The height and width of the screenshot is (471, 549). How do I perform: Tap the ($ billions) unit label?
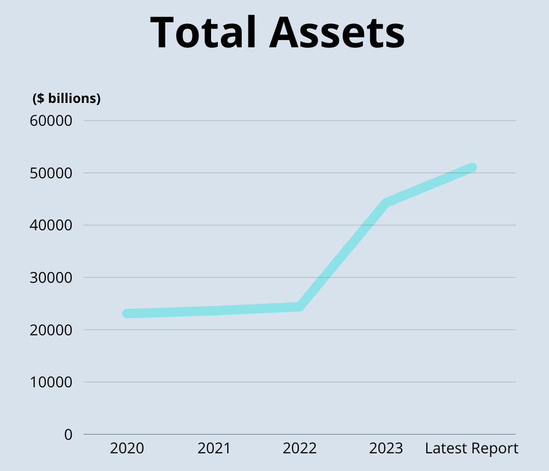[x=67, y=98]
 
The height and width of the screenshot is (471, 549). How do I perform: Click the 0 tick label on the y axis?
[x=69, y=434]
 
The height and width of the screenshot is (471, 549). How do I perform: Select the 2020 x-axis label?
[x=127, y=448]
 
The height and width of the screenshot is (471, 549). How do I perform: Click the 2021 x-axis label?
[x=214, y=448]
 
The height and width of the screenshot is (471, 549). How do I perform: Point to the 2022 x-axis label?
[x=299, y=448]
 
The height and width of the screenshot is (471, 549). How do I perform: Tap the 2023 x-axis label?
[x=386, y=448]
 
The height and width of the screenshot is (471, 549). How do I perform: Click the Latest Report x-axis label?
[x=472, y=448]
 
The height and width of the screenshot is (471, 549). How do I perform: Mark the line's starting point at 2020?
[x=127, y=313]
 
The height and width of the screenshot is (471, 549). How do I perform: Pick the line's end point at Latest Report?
[x=472, y=167]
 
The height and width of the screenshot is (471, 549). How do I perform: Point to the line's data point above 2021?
[x=214, y=311]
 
